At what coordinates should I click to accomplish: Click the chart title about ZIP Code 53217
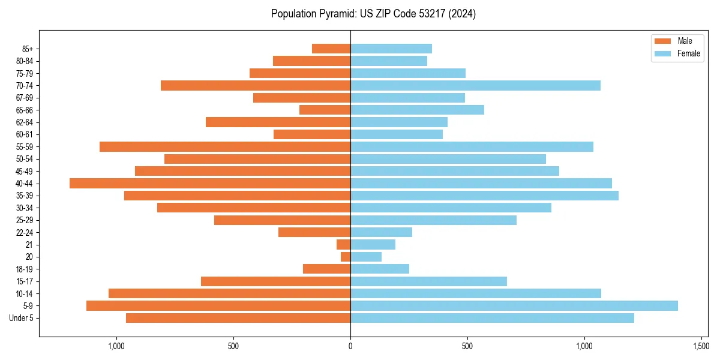click(x=373, y=14)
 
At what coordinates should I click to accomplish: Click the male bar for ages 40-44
click(x=210, y=183)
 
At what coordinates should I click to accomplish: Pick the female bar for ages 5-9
click(x=514, y=305)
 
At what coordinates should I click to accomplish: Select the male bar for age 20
click(x=346, y=257)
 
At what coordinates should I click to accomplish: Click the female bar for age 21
click(x=373, y=244)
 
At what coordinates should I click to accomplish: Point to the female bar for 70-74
click(x=475, y=85)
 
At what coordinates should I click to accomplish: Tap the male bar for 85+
click(x=331, y=49)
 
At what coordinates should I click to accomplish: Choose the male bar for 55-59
click(x=225, y=146)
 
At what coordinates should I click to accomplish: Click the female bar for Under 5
click(x=492, y=318)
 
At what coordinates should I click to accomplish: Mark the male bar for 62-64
click(x=278, y=122)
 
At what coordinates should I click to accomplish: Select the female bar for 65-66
click(x=417, y=110)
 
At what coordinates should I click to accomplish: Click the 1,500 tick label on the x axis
click(x=701, y=346)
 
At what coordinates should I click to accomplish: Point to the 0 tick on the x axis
click(x=350, y=346)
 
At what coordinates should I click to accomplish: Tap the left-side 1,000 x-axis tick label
click(x=116, y=346)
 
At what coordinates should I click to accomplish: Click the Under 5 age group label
click(x=21, y=318)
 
